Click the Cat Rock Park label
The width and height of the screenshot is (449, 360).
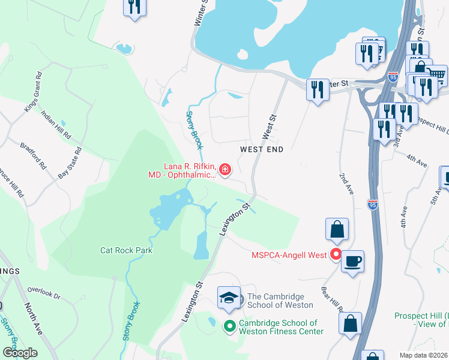click(126, 250)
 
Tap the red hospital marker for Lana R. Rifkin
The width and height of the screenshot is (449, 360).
click(225, 171)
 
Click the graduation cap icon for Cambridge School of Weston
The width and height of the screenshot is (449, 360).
click(229, 298)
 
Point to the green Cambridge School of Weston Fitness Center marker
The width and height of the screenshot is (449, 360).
click(229, 327)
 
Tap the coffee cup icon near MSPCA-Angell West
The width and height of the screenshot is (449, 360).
click(352, 261)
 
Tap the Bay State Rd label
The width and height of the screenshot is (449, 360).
click(70, 164)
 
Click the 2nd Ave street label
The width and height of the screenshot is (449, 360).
click(348, 184)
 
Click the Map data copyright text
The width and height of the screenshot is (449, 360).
click(424, 355)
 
